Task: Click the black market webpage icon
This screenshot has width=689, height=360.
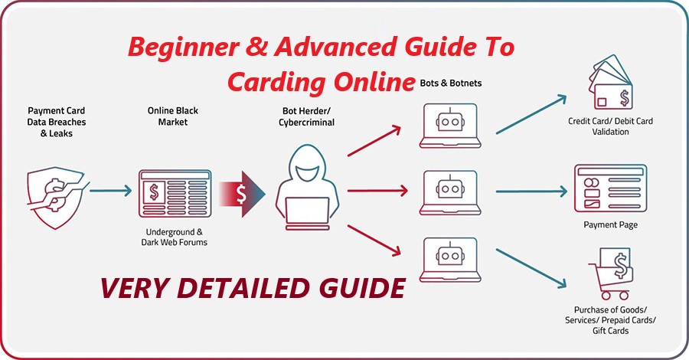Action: tap(174, 193)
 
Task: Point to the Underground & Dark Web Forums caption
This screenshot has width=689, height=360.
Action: tap(174, 237)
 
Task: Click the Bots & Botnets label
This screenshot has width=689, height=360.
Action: tap(452, 82)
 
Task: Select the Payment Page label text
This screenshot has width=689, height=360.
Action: tap(610, 225)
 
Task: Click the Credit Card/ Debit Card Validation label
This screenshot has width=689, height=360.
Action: tap(610, 126)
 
